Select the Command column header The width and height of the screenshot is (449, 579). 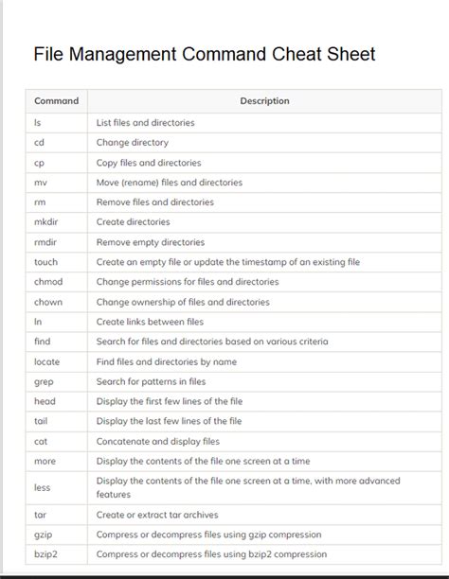point(56,101)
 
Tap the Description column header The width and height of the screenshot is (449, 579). point(264,101)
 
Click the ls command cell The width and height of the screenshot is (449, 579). point(37,122)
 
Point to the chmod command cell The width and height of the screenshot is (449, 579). point(48,282)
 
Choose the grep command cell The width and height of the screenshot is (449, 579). point(45,381)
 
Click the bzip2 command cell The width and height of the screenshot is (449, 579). point(46,554)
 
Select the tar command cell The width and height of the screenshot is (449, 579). point(41,515)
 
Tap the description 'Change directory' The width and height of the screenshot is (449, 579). point(132,143)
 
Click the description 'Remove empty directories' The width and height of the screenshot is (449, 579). point(150,242)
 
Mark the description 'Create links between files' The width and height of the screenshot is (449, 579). point(150,322)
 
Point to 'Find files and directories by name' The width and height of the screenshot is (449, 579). point(167,361)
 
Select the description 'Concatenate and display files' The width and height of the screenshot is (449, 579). point(157,441)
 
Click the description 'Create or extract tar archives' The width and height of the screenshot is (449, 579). point(157,515)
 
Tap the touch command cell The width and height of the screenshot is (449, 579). point(45,262)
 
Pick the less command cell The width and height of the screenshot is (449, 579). point(43,487)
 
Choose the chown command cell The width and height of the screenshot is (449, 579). point(48,302)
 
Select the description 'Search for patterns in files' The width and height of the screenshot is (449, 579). point(151,381)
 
